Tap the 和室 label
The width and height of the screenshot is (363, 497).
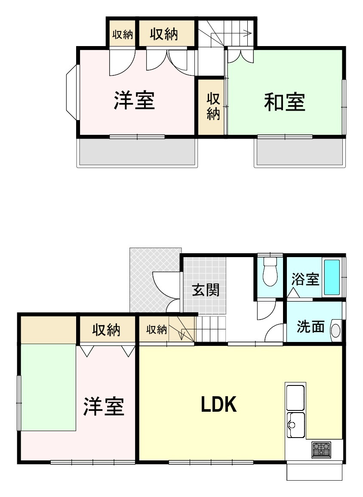coord(284,102)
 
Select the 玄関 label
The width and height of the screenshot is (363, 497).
coord(205,290)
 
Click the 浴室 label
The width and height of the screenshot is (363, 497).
coord(305,279)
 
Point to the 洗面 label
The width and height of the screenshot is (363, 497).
coord(311,327)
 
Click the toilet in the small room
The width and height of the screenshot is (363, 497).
coord(270,273)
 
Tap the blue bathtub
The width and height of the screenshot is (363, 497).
coord(332,277)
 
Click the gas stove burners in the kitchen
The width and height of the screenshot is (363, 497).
coord(321,450)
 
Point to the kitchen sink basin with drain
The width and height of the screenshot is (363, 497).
coord(295,423)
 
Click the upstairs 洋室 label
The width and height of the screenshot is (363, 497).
coord(134,100)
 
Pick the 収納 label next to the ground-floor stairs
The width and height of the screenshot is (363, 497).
coord(156,330)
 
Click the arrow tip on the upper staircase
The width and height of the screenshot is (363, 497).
coord(251,32)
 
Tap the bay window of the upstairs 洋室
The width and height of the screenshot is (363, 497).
coord(71,92)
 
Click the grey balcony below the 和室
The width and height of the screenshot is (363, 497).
coord(300,152)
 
